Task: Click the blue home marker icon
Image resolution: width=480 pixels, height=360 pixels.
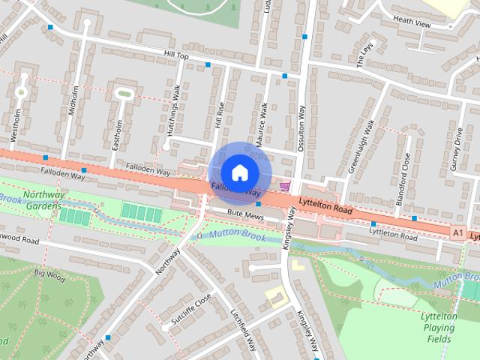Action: click(x=239, y=172)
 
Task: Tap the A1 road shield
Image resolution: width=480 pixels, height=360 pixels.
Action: click(x=458, y=234)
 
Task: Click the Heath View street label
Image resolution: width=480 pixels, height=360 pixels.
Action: click(x=412, y=24)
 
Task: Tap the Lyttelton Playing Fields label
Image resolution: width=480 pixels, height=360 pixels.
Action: click(x=439, y=328)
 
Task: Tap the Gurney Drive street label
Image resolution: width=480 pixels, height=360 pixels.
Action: click(x=456, y=149)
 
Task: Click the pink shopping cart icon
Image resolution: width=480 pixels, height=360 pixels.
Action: click(x=284, y=185)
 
